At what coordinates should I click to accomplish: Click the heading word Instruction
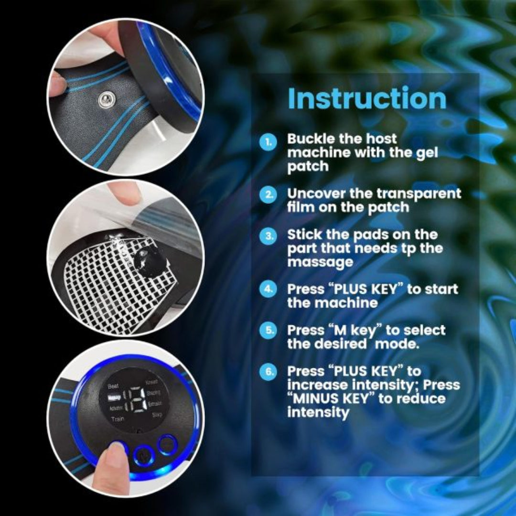click(367, 98)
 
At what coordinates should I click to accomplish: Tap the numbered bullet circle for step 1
click(269, 142)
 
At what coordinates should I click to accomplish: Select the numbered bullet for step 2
click(269, 195)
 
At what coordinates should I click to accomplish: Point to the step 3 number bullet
click(269, 236)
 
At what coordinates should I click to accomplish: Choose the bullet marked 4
click(269, 290)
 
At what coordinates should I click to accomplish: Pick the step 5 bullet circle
click(269, 331)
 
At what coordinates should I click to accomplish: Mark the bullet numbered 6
click(269, 372)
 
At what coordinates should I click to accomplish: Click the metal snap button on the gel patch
click(104, 100)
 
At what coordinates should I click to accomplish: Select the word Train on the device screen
click(118, 419)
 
